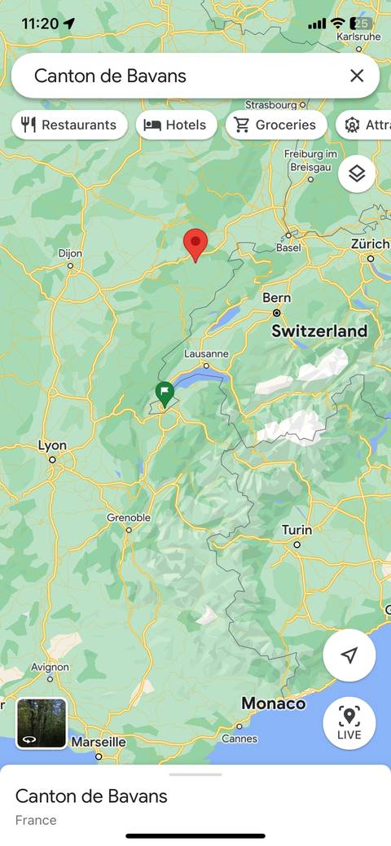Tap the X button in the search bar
coord(357,76)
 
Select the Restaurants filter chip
coord(70,125)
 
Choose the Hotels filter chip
coord(177,125)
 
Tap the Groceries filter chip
coord(276,125)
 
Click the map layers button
coord(357,174)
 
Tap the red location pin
coord(195,243)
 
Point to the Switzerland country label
coord(319,331)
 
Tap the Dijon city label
coord(71,253)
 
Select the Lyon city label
coord(52,445)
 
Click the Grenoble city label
coord(129,517)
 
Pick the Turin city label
coord(297,529)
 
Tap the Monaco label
coord(273,704)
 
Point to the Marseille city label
coord(99,742)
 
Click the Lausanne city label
coord(206,353)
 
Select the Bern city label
coord(276,298)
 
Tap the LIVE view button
coord(349,722)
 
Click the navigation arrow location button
coord(349,655)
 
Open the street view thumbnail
coord(42,722)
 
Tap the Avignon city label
coord(51,667)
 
